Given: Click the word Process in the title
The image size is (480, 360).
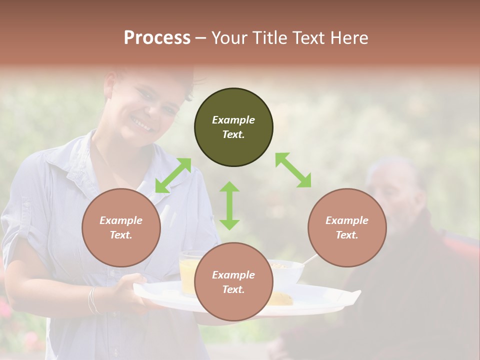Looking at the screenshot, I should (157, 38).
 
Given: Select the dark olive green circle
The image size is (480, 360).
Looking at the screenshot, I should (233, 127).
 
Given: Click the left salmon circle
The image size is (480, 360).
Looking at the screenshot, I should (121, 227).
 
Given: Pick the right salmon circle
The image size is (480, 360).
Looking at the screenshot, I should (347, 227).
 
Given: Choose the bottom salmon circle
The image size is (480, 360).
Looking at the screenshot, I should (233, 282).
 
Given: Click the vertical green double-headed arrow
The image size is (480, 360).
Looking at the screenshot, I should (229, 205).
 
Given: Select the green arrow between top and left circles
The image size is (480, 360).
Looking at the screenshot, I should (173, 175).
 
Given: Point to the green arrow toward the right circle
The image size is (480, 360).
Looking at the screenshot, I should (293, 170).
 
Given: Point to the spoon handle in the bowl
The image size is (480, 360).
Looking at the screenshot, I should (310, 259).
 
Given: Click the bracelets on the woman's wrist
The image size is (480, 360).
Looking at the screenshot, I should (93, 299).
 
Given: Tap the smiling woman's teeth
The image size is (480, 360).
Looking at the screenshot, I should (141, 122).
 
